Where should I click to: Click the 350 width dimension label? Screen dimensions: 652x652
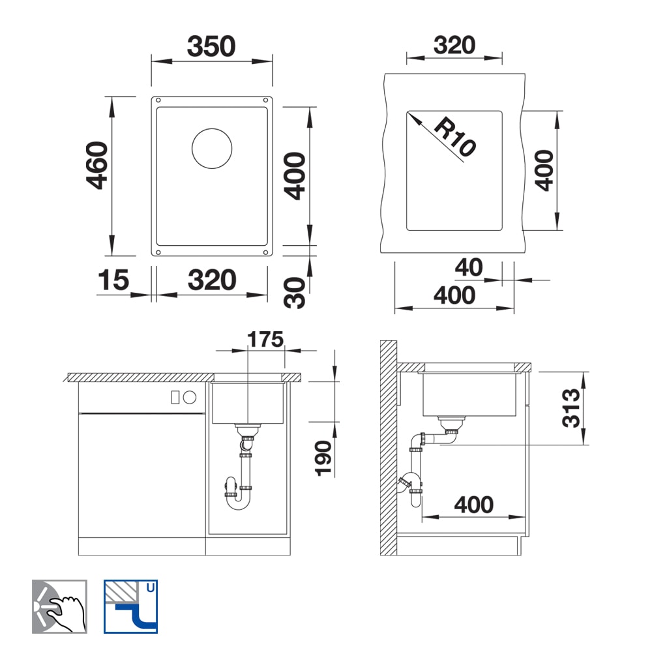pyautogui.click(x=211, y=46)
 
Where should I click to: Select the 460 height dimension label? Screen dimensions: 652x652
pyautogui.click(x=97, y=166)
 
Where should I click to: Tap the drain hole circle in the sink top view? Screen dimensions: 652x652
pyautogui.click(x=212, y=149)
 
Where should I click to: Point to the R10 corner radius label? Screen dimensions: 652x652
pyautogui.click(x=455, y=136)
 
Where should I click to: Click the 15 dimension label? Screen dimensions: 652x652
pyautogui.click(x=113, y=280)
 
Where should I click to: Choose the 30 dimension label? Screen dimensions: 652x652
pyautogui.click(x=295, y=293)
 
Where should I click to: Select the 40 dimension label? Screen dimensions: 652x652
pyautogui.click(x=469, y=267)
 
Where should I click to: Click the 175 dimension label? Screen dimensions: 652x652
pyautogui.click(x=265, y=339)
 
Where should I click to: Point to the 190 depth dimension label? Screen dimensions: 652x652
pyautogui.click(x=323, y=458)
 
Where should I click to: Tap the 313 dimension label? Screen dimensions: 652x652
pyautogui.click(x=571, y=408)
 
